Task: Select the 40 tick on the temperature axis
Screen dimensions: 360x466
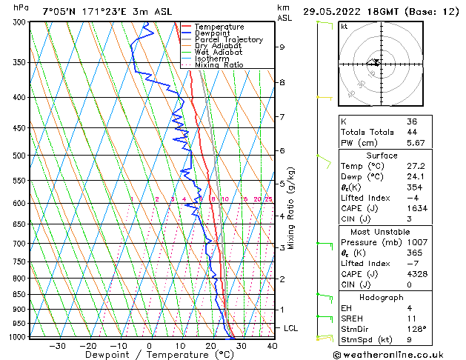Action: click(272, 346)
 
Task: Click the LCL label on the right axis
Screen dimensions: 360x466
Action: click(292, 327)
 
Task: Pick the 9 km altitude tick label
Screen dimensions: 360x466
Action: click(282, 47)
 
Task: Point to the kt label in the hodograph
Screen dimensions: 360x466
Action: click(344, 26)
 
